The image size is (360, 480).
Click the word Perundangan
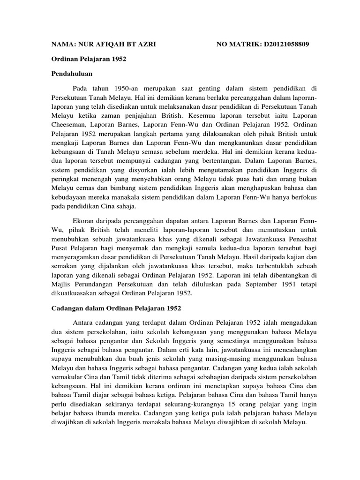point(97,284)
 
